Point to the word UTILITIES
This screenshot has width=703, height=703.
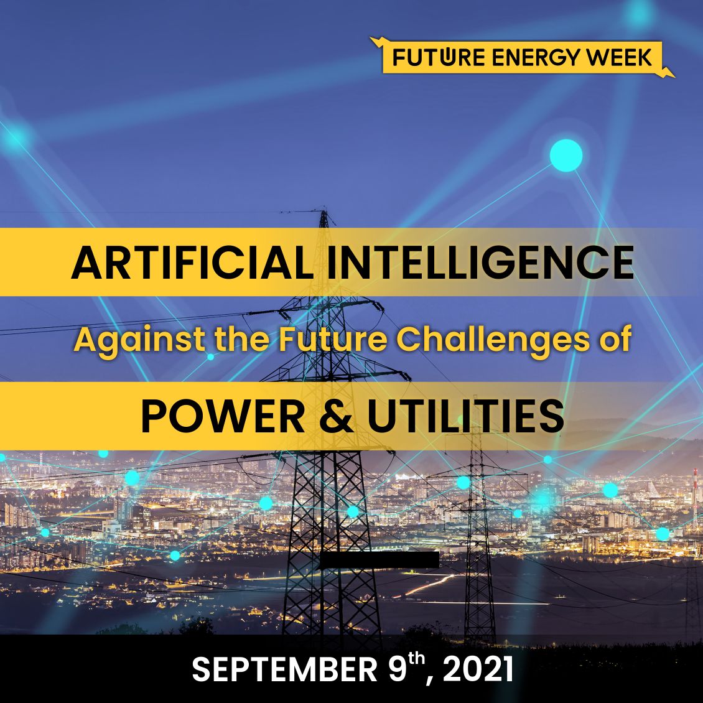(465, 416)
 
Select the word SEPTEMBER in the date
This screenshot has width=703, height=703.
(282, 671)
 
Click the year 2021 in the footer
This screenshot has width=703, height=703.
(478, 671)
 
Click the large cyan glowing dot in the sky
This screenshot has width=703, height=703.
(566, 156)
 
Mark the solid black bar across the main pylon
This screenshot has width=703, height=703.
(379, 560)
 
